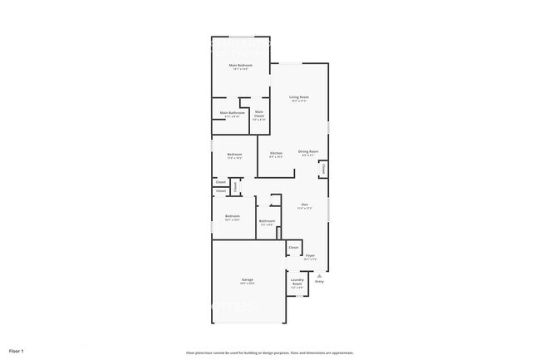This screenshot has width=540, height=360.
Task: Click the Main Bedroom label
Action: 241,65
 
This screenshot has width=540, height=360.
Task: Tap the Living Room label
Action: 299,97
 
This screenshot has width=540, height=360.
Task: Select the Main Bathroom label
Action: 232,113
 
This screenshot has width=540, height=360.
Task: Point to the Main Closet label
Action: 259,113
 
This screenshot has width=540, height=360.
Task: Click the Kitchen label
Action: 276,153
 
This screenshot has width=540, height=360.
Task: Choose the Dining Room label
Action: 308,151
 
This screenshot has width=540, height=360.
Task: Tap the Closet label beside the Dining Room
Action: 322,170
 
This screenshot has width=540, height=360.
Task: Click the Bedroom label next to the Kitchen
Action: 235,154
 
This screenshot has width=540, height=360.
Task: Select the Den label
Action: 305,205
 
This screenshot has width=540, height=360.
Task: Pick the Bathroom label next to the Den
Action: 267,220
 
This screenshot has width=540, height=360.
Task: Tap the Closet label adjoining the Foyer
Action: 293,248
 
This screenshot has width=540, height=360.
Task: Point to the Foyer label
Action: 310,255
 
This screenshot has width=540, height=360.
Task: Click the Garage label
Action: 248,279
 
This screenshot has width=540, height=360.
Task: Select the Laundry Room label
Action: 297,282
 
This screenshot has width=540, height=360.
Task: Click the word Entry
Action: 319,281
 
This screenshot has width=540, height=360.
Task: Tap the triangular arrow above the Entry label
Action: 319,275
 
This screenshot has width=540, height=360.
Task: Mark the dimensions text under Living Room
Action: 299,101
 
